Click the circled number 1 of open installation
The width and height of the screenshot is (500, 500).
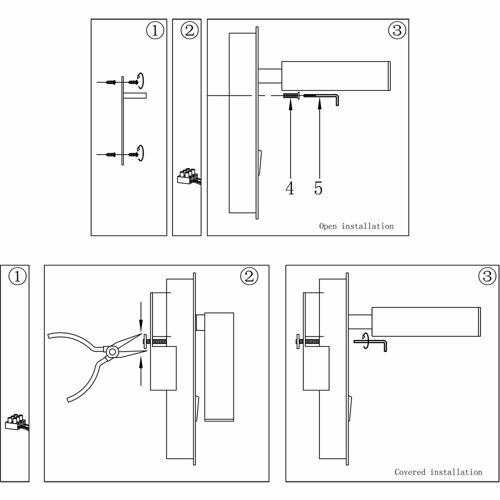coord(155,31)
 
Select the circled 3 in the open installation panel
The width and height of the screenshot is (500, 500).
coord(396,31)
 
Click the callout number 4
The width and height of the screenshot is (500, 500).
coord(290,188)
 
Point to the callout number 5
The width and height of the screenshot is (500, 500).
coord(318,188)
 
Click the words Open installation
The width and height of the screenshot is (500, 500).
coord(356,226)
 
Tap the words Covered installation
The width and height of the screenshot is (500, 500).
coord(438,471)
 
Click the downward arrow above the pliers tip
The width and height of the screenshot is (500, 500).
coord(141,315)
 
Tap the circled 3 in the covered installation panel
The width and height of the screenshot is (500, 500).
coord(486,276)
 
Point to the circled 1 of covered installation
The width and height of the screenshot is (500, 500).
coord(17,276)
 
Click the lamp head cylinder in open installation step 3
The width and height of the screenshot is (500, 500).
coord(336,76)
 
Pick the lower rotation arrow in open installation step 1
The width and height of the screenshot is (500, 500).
coord(141,152)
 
